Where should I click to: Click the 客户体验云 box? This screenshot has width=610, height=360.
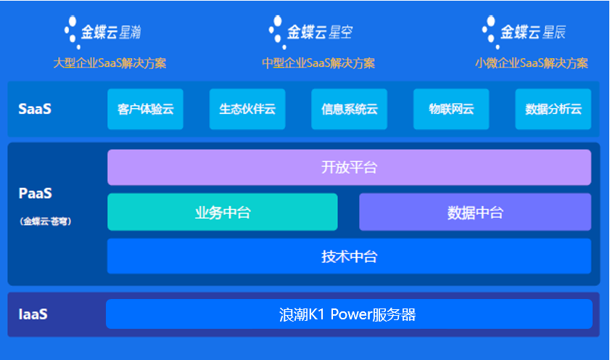point(145,110)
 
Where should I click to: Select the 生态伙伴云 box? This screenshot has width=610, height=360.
point(247,110)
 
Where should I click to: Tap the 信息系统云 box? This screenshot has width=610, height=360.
point(350,110)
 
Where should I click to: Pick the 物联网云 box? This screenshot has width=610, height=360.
point(451,110)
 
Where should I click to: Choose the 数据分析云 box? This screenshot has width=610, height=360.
point(553,110)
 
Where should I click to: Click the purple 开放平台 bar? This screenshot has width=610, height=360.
point(349,168)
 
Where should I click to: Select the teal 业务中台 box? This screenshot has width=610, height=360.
point(223,212)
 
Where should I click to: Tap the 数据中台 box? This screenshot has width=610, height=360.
point(475,212)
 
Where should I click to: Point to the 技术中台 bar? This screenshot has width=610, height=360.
point(349,256)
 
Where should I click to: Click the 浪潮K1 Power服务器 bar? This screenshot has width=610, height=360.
point(349,314)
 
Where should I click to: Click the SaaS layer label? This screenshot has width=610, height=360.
point(35,110)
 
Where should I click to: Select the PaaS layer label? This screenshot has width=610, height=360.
point(36,194)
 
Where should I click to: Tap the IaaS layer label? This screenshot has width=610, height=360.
point(33,314)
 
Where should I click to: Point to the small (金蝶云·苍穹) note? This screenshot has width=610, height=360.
point(46,221)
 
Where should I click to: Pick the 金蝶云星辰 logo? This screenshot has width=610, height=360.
point(524,32)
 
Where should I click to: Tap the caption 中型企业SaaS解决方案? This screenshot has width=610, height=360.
point(318,63)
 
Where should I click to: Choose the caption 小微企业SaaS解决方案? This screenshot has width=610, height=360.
point(532,63)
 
